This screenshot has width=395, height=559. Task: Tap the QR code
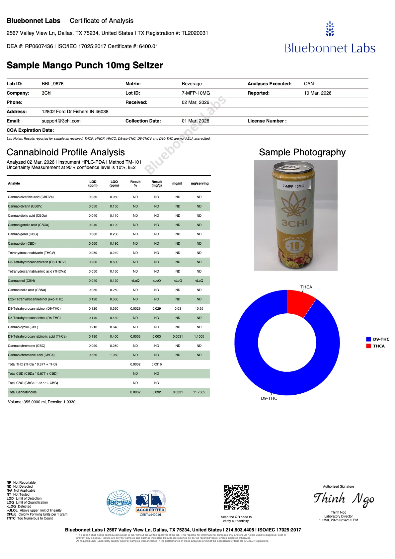236,497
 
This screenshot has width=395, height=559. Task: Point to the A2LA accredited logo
150,503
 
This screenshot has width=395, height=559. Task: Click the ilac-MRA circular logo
119,503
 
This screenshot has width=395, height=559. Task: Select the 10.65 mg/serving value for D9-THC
199,309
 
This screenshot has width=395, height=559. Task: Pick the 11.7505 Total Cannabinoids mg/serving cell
199,392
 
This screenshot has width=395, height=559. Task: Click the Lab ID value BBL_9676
52,84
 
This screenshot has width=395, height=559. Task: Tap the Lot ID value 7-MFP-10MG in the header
196,93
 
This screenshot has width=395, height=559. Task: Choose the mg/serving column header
199,184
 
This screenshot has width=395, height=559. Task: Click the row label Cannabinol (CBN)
21,281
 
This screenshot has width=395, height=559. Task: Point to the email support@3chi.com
61,121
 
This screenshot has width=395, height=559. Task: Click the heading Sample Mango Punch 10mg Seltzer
85,65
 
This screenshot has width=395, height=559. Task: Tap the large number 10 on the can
294,245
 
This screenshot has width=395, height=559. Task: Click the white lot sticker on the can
293,186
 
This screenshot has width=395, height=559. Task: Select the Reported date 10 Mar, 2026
317,93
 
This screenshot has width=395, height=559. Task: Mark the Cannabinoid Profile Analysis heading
66,152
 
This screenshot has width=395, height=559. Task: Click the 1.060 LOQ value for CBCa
114,355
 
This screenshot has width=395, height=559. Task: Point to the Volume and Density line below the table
41,402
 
